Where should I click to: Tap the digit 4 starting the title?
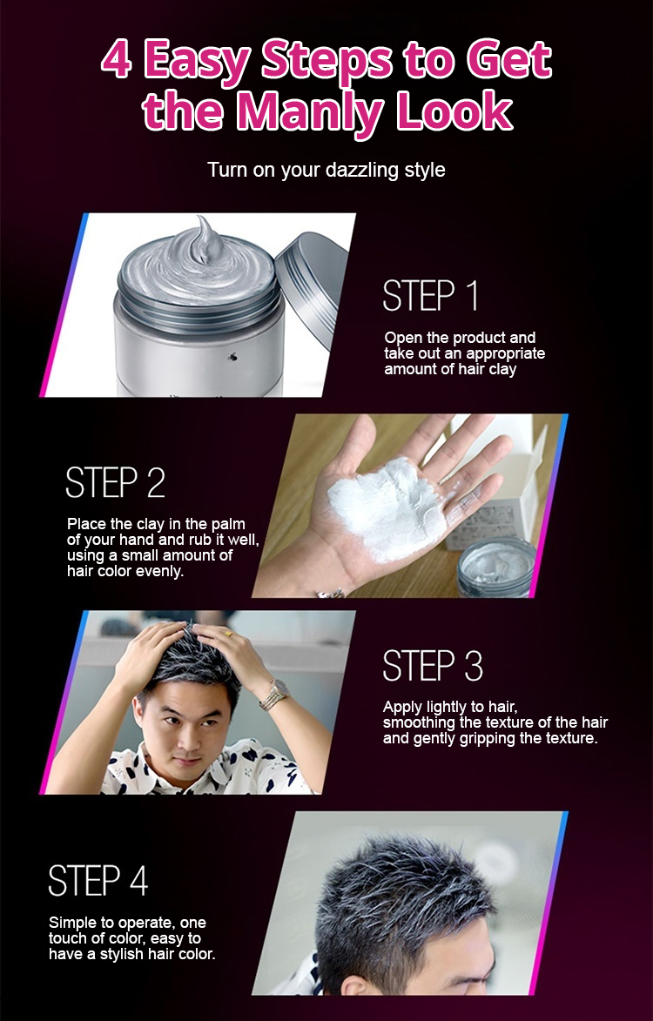117,60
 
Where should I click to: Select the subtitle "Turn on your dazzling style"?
326,170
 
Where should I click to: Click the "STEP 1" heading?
430,295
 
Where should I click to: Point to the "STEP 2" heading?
115,482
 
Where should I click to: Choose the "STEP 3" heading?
433,666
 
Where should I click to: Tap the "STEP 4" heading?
98,880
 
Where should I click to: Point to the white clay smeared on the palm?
384,508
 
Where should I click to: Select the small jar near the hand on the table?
495,568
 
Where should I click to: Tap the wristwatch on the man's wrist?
274,695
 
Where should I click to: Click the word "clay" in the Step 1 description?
502,370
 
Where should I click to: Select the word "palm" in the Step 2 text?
228,524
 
